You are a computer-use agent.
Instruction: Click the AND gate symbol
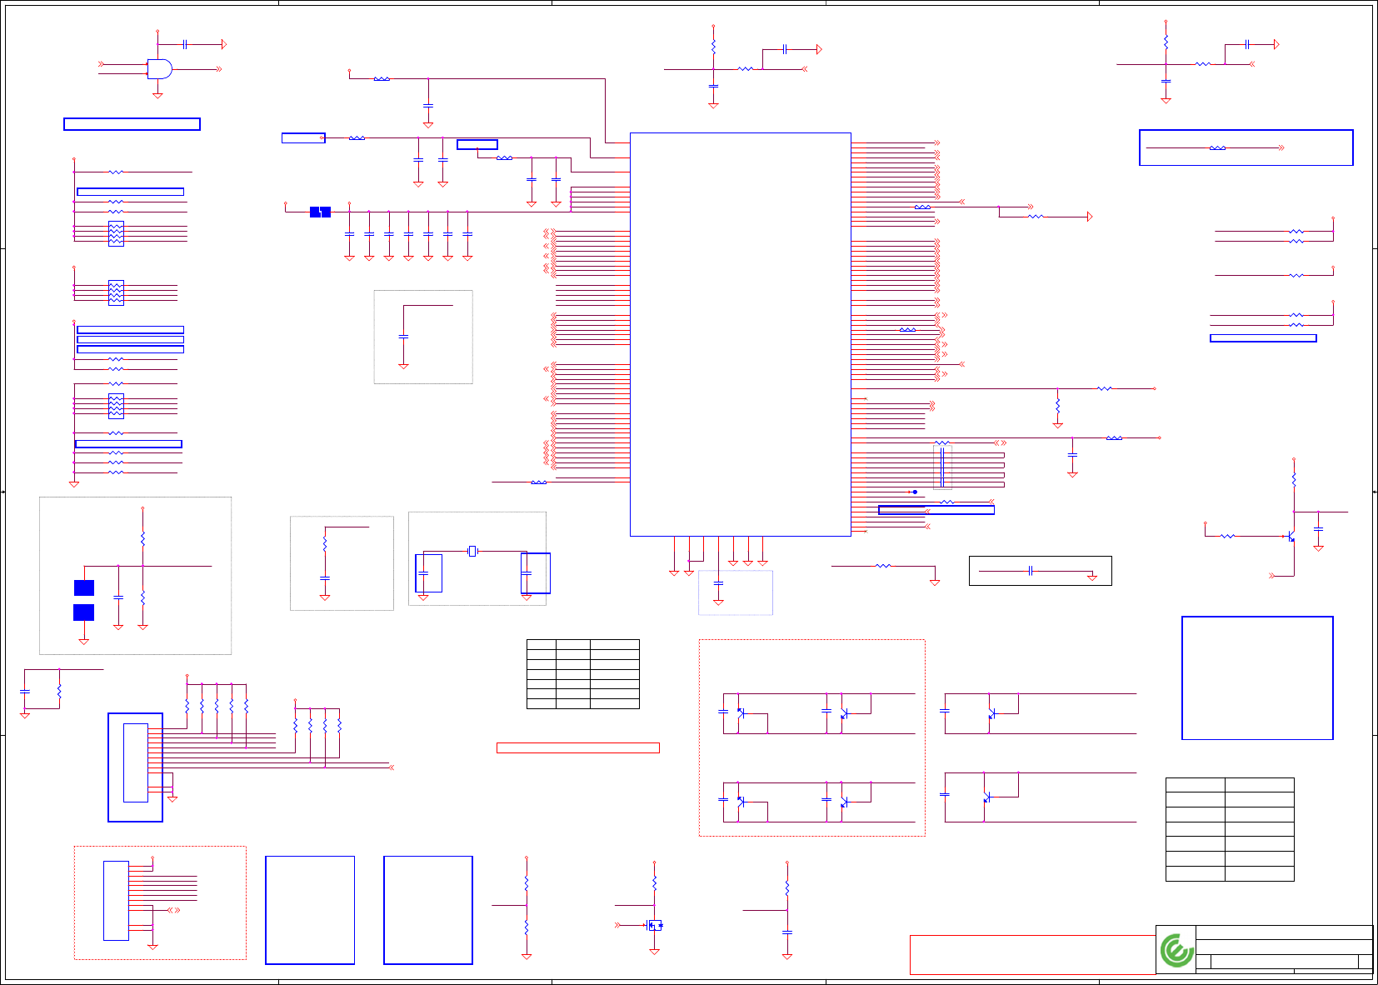159,69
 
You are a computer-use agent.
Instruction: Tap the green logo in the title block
1176,950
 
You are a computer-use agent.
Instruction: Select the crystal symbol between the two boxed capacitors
472,551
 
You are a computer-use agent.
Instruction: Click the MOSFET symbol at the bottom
655,925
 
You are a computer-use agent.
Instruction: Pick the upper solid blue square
84,587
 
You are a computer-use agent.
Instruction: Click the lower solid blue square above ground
84,612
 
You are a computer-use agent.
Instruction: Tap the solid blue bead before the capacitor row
320,212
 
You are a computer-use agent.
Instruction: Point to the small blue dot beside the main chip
915,492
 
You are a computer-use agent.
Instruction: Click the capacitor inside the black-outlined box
1031,571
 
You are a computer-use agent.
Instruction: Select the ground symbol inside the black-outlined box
1091,577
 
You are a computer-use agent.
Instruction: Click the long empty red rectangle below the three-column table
577,747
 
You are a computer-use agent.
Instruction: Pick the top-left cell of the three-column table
542,644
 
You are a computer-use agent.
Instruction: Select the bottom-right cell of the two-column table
1259,873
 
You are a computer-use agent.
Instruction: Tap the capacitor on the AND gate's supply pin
184,44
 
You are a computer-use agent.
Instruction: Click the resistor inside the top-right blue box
1217,147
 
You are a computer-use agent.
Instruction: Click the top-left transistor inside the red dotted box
741,712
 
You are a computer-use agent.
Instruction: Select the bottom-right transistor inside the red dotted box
844,802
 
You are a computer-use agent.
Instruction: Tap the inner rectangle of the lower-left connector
136,762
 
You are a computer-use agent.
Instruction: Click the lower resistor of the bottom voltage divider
527,927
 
